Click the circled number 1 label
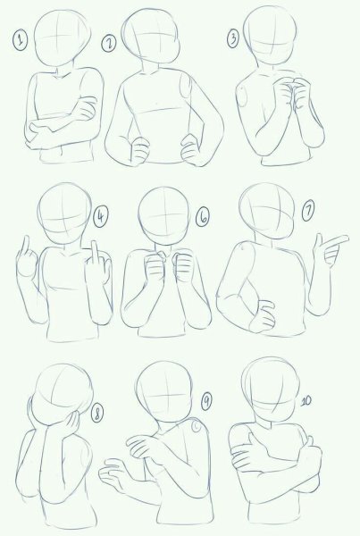(21, 40)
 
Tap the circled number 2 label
(109, 44)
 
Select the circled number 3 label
(233, 38)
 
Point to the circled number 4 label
(101, 217)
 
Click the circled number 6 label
(203, 217)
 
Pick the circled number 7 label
(308, 211)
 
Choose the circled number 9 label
(205, 401)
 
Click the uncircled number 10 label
(306, 401)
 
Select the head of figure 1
(63, 38)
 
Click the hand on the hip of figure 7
(263, 316)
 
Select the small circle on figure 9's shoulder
(197, 426)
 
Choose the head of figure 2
(151, 36)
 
